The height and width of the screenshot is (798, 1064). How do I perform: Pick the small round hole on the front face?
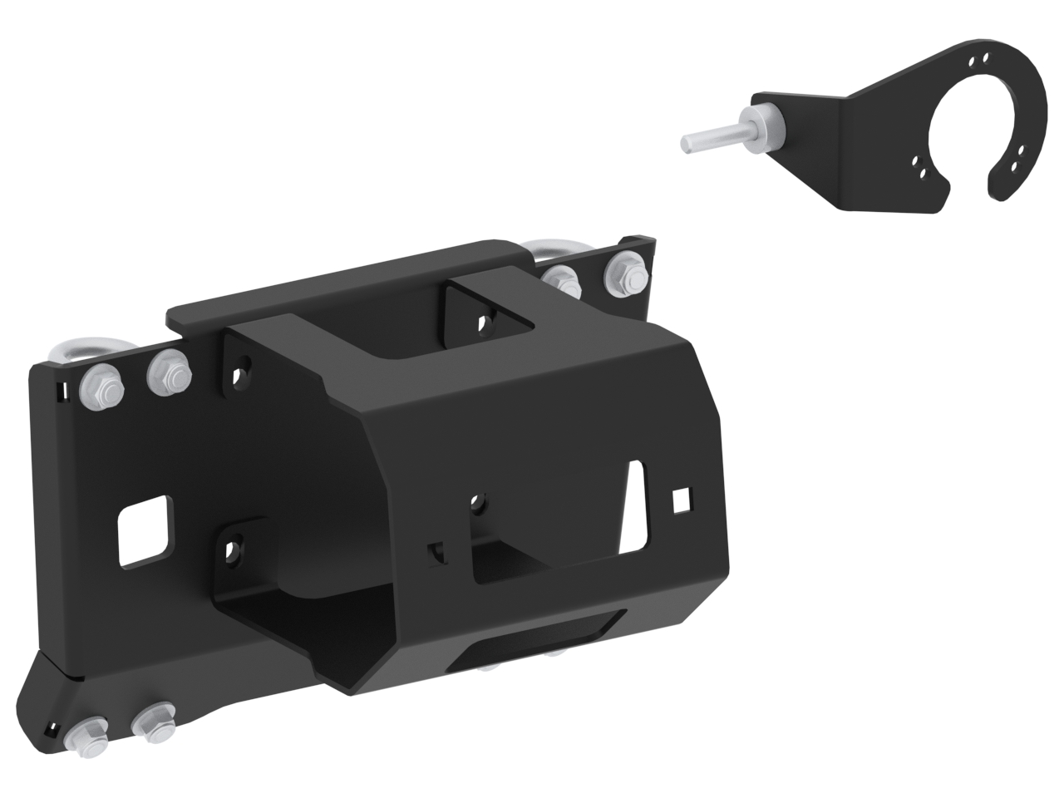tap(477, 501)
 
